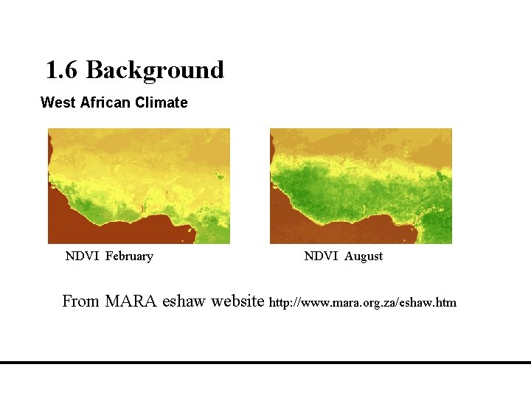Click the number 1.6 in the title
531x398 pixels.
(x=62, y=71)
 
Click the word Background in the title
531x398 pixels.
(x=155, y=71)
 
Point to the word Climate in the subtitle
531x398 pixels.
(x=160, y=102)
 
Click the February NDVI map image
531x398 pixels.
(x=139, y=185)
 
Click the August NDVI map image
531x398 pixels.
(x=361, y=185)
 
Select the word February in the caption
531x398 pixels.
(x=129, y=256)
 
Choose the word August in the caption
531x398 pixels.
(x=364, y=256)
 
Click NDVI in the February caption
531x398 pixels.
(x=81, y=256)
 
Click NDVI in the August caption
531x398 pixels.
(x=320, y=256)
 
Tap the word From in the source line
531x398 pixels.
(x=80, y=301)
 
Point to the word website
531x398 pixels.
(x=237, y=301)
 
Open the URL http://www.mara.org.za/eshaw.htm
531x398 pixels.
(x=363, y=303)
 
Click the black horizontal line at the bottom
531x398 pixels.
(x=265, y=363)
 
